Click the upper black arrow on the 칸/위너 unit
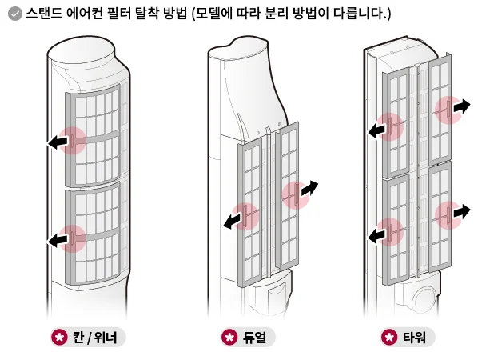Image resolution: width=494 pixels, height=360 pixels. (x=57, y=142)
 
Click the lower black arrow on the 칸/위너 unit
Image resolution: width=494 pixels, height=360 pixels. (x=57, y=238)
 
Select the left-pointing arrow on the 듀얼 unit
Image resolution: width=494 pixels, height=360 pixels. (x=233, y=220)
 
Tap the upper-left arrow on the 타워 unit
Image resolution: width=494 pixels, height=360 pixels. (x=377, y=129)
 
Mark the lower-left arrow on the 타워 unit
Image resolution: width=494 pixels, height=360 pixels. (x=377, y=234)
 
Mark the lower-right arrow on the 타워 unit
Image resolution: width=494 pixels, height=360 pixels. (x=461, y=212)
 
